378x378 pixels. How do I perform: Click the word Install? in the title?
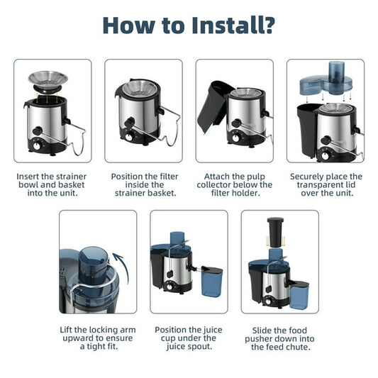(x=233, y=26)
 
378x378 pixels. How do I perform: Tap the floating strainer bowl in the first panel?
(x=48, y=79)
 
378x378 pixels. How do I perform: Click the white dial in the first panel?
(x=37, y=146)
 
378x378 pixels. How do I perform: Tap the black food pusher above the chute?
(x=275, y=232)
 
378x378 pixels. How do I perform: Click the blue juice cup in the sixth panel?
(x=212, y=282)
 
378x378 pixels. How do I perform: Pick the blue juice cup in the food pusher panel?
(x=299, y=295)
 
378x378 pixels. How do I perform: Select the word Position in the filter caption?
(x=127, y=177)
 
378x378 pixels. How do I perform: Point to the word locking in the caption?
(x=97, y=330)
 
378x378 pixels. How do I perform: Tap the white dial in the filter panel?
(x=128, y=137)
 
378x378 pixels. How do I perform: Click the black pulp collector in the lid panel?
(x=307, y=130)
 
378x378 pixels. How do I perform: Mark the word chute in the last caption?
(x=296, y=347)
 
